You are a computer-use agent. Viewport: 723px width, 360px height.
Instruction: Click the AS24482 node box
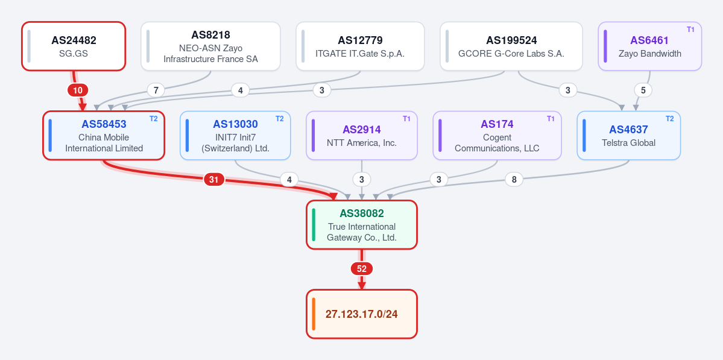click(x=74, y=46)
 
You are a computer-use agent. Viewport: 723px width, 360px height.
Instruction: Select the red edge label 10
click(x=77, y=90)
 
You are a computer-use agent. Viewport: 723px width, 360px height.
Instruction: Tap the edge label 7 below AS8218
click(x=156, y=90)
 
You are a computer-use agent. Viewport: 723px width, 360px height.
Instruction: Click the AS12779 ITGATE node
click(x=359, y=46)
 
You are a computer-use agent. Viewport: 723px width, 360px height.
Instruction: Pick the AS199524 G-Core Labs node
click(x=511, y=46)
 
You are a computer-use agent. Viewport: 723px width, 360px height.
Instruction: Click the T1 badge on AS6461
click(x=690, y=30)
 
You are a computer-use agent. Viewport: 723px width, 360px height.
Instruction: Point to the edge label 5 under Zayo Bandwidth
click(x=643, y=90)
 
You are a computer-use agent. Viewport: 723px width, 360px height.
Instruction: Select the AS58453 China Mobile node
click(x=104, y=136)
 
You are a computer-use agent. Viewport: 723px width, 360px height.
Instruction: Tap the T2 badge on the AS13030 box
click(x=279, y=119)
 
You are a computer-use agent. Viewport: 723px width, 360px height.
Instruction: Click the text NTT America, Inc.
click(x=362, y=143)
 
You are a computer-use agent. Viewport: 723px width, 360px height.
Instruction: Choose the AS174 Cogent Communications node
click(x=497, y=136)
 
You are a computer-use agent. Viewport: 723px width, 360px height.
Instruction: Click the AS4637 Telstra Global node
click(x=628, y=136)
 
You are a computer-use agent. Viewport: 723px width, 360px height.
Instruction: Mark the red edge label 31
click(x=214, y=180)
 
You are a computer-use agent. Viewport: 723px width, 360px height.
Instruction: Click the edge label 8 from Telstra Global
click(x=514, y=180)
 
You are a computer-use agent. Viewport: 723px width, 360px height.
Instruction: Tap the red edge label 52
click(x=362, y=269)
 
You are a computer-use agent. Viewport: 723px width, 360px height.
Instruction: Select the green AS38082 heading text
click(x=362, y=213)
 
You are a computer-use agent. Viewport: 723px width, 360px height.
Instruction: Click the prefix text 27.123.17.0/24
click(x=362, y=314)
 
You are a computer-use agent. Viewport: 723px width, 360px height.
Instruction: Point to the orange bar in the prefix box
click(x=314, y=314)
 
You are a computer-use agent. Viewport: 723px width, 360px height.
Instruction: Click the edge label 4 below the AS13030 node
click(x=289, y=180)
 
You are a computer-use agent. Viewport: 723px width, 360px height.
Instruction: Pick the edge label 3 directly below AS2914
click(x=362, y=180)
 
